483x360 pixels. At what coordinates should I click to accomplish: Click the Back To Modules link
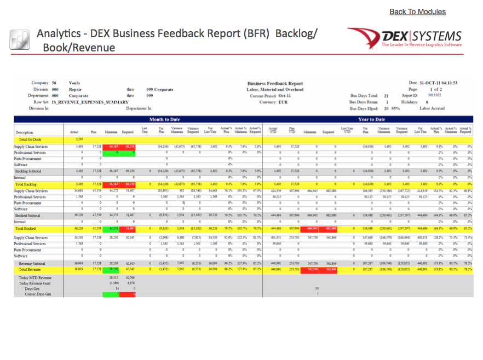click(417, 11)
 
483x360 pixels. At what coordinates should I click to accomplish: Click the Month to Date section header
click(165, 119)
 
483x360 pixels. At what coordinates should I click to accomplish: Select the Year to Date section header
click(370, 119)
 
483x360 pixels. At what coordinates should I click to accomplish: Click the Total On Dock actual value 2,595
click(79, 140)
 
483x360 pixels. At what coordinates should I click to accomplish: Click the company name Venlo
click(74, 83)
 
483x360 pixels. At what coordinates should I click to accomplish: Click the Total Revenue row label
click(29, 269)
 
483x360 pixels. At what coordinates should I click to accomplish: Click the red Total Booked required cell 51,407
click(130, 228)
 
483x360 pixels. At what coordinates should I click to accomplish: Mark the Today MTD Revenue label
click(34, 278)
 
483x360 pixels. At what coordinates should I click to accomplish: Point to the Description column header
click(24, 132)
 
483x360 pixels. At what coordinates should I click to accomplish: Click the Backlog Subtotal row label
click(28, 171)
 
